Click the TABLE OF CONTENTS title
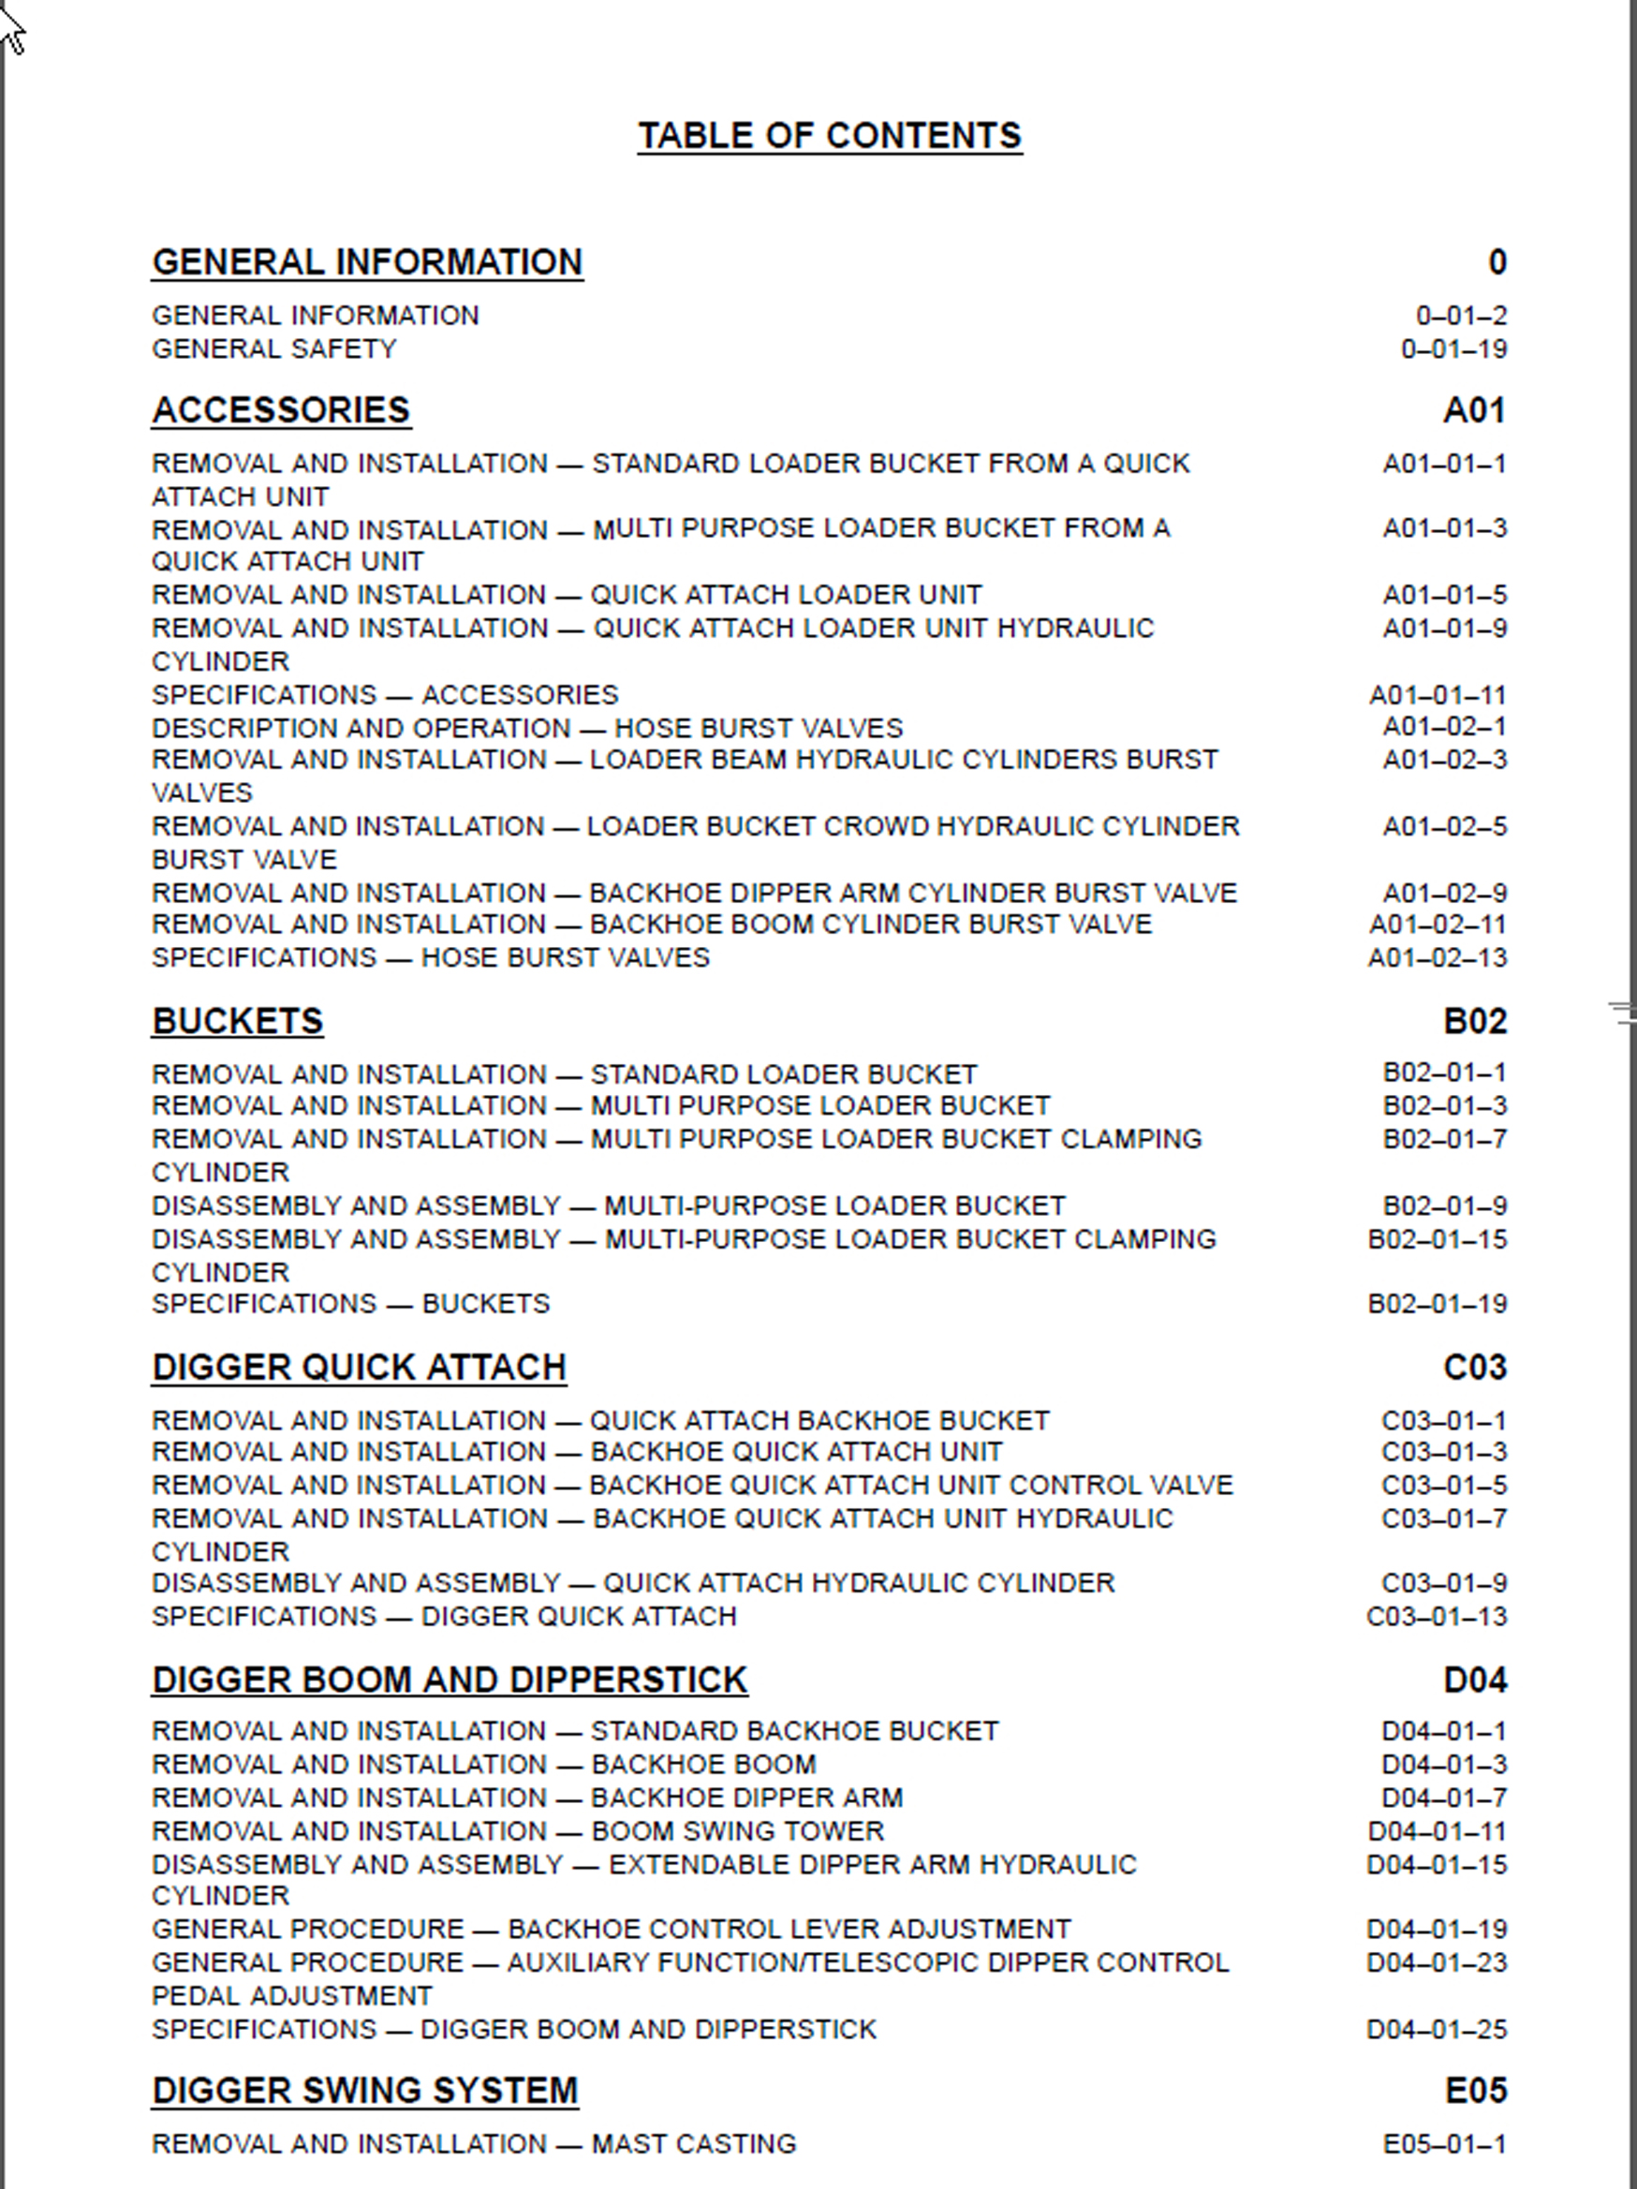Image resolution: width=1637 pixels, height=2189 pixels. coord(829,136)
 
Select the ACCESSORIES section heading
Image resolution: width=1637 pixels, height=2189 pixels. coord(281,409)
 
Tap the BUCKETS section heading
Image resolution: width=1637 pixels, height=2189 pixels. coord(237,1020)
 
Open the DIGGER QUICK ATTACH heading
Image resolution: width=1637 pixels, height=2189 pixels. coord(359,1367)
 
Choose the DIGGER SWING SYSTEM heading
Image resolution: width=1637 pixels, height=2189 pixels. coord(365,2090)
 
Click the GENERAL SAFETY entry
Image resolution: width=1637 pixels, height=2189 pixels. coord(274,348)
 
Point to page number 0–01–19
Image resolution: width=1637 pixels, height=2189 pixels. coord(1453,348)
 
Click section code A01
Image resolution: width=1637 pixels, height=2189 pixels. coord(1474,409)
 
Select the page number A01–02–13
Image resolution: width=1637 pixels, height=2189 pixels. coord(1438,957)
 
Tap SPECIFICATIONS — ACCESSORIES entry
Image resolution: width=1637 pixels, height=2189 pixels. coord(385,695)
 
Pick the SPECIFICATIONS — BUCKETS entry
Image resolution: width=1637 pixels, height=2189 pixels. coord(350,1303)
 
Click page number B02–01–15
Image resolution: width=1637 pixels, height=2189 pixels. coord(1438,1239)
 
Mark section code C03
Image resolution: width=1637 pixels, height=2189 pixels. coord(1474,1367)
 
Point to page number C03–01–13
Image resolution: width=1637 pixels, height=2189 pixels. coord(1437,1616)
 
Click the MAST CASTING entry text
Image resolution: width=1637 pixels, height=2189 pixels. coord(693,2143)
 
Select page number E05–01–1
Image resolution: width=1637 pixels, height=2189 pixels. coord(1444,2143)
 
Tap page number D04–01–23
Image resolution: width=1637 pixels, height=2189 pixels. coord(1437,1961)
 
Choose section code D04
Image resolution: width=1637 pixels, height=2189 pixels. coord(1474,1679)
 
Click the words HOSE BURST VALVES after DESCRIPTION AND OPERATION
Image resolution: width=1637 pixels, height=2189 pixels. coord(759,729)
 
